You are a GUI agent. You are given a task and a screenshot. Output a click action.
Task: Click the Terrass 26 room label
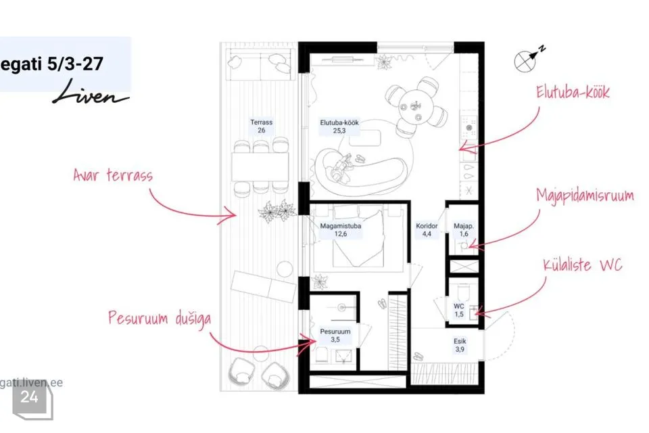[x=261, y=127]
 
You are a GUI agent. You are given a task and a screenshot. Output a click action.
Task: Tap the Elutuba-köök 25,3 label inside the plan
[x=339, y=127]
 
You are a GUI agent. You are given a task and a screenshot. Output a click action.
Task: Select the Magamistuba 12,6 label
[x=340, y=230]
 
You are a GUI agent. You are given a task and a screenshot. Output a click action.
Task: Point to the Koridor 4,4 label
[x=427, y=230]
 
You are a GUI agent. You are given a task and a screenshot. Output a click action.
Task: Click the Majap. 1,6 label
[x=464, y=230]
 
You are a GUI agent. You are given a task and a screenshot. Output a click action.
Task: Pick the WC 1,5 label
[x=459, y=311]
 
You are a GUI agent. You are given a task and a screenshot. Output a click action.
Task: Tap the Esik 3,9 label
[x=460, y=345]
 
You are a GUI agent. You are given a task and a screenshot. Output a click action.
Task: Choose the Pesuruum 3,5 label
[x=335, y=336]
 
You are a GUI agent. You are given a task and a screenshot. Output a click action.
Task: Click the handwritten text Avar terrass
[x=113, y=175]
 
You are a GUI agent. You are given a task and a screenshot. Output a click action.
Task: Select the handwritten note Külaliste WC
[x=583, y=265]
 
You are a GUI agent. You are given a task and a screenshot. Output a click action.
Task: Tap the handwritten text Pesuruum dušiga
[x=160, y=319]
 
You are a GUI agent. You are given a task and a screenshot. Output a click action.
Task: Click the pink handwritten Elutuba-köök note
[x=573, y=92]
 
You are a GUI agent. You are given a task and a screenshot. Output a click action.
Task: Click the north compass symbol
[x=529, y=59]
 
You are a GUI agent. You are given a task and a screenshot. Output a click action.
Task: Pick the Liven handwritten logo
[x=91, y=92]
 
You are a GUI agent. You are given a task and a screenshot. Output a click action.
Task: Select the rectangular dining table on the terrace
[x=260, y=166]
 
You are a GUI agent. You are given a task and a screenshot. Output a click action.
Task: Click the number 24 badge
[x=30, y=397]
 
